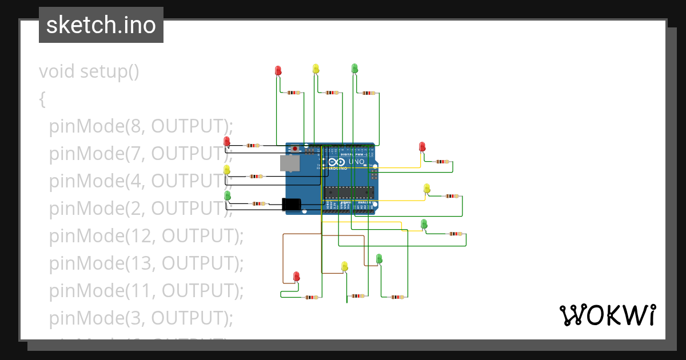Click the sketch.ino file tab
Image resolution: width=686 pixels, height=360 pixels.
click(101, 26)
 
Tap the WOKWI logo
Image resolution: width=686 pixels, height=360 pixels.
click(607, 315)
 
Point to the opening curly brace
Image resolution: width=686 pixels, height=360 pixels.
click(42, 99)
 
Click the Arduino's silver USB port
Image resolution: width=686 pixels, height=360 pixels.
click(290, 163)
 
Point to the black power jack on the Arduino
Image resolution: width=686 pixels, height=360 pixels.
click(292, 204)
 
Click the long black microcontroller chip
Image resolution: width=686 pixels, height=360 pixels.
click(349, 193)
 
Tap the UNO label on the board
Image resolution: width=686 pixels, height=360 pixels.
click(357, 162)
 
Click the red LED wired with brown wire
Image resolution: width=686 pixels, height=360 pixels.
click(296, 277)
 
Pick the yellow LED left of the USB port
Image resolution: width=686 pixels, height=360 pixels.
click(227, 170)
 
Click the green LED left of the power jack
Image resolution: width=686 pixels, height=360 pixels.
click(228, 195)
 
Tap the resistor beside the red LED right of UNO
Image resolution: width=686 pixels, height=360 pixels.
click(442, 162)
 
